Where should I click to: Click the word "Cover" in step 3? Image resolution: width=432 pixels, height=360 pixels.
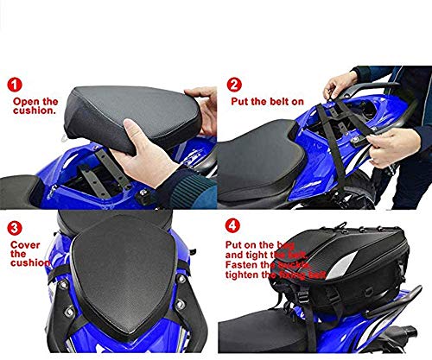click(27, 244)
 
